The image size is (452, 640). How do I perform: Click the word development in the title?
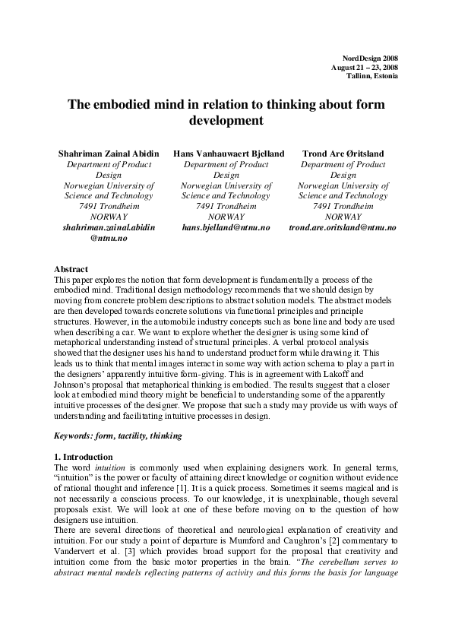coord(226,120)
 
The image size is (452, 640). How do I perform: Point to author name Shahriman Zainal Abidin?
coord(109,154)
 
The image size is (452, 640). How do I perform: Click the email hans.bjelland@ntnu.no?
coord(226,227)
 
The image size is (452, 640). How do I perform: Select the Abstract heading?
coord(71,269)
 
